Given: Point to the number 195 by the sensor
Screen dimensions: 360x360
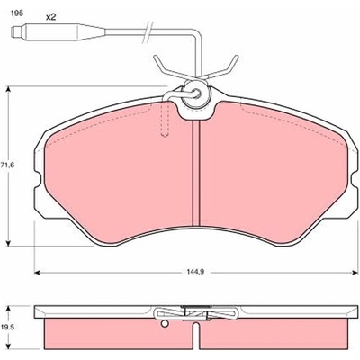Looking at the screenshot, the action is pos(16,13).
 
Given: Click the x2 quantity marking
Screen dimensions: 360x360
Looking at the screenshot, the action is pos(51,17).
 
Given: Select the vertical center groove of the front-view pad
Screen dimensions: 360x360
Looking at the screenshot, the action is pos(195,173).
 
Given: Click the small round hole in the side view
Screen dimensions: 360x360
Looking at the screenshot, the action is pos(164,324).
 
